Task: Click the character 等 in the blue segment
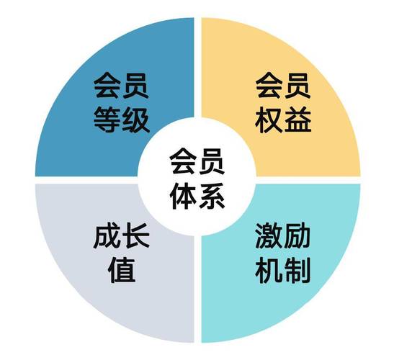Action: coord(107,119)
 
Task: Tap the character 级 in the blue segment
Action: coord(136,119)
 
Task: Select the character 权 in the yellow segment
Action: coord(269,120)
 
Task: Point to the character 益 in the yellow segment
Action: coord(297,120)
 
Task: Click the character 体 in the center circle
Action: coord(183,196)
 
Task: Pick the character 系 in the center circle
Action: coord(212,196)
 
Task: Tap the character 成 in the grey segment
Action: coord(107,236)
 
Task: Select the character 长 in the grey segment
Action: coord(136,236)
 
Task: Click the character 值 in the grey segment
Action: coord(122,270)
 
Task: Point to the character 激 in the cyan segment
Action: coord(268,235)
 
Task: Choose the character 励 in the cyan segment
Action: coord(297,235)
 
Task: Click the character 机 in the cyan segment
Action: coord(268,270)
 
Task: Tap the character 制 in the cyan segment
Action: coord(297,270)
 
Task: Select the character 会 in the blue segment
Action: coord(107,85)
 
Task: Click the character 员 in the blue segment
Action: coord(136,85)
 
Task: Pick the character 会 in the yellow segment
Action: coord(269,85)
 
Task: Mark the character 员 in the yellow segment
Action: coord(297,85)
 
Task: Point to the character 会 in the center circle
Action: coord(183,161)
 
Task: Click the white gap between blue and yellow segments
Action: coord(197,68)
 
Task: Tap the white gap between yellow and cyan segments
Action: coord(308,180)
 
